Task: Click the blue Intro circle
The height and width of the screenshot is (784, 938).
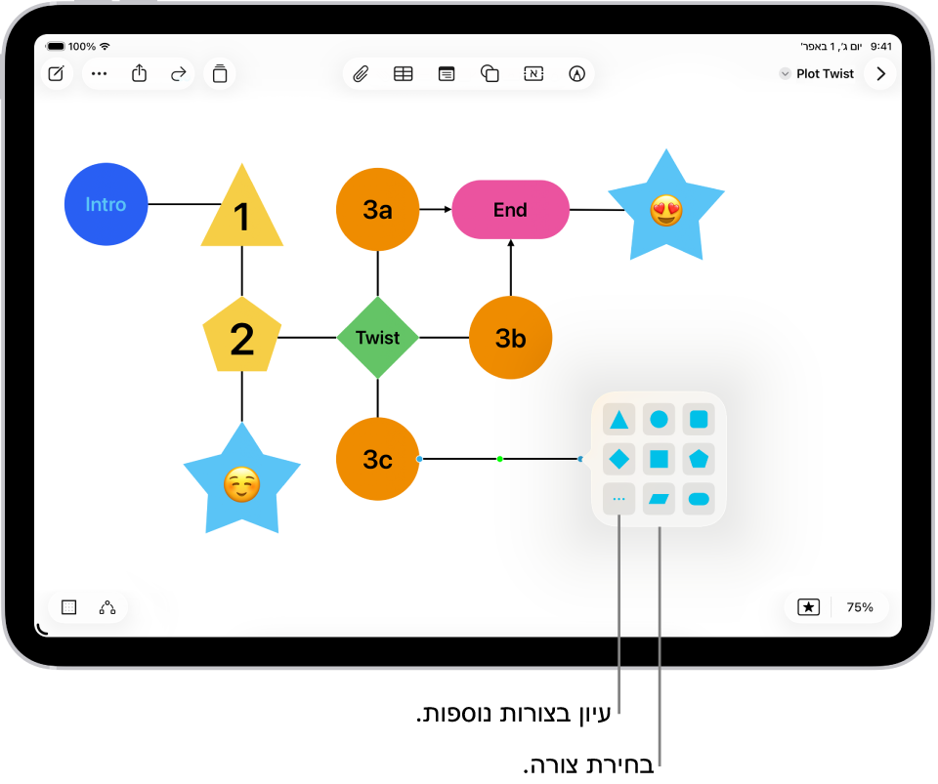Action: tap(106, 204)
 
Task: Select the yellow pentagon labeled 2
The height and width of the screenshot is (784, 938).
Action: tap(241, 338)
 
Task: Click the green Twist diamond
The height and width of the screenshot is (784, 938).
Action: tap(377, 338)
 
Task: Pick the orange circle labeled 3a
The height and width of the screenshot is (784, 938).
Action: tap(377, 209)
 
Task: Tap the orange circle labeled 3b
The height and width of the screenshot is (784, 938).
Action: tap(510, 338)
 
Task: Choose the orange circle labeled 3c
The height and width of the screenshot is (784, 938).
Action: tap(377, 459)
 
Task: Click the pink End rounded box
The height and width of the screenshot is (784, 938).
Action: tap(510, 209)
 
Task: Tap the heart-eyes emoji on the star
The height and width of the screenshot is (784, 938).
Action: tap(665, 210)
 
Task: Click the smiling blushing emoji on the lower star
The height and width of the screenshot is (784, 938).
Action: tap(241, 484)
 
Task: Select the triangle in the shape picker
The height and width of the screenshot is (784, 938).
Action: tap(619, 420)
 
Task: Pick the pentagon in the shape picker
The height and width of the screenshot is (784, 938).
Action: tap(699, 459)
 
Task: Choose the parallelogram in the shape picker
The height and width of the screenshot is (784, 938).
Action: tap(660, 499)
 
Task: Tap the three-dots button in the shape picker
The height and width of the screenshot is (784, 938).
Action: tap(619, 499)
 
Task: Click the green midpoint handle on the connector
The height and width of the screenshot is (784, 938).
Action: tap(499, 459)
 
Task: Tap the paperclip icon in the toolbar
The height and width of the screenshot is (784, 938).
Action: tap(361, 73)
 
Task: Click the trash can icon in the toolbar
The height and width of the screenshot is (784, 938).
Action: tap(220, 73)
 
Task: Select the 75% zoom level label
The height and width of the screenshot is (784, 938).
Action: tap(860, 607)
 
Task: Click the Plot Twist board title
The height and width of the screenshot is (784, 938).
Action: tap(825, 73)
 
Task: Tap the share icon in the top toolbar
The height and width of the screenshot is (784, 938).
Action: tap(140, 73)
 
